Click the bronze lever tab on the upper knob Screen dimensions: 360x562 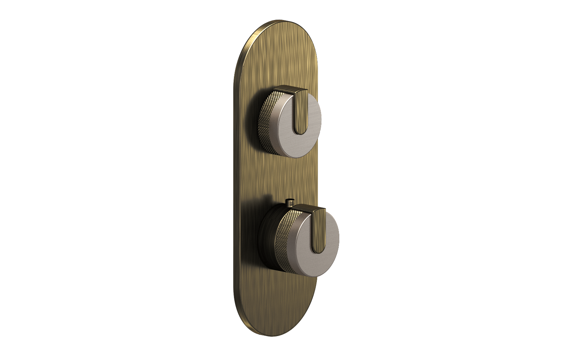302,109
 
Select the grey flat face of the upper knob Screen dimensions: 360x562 309,137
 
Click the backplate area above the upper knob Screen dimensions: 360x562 277,60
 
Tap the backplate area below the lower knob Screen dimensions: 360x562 277,299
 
